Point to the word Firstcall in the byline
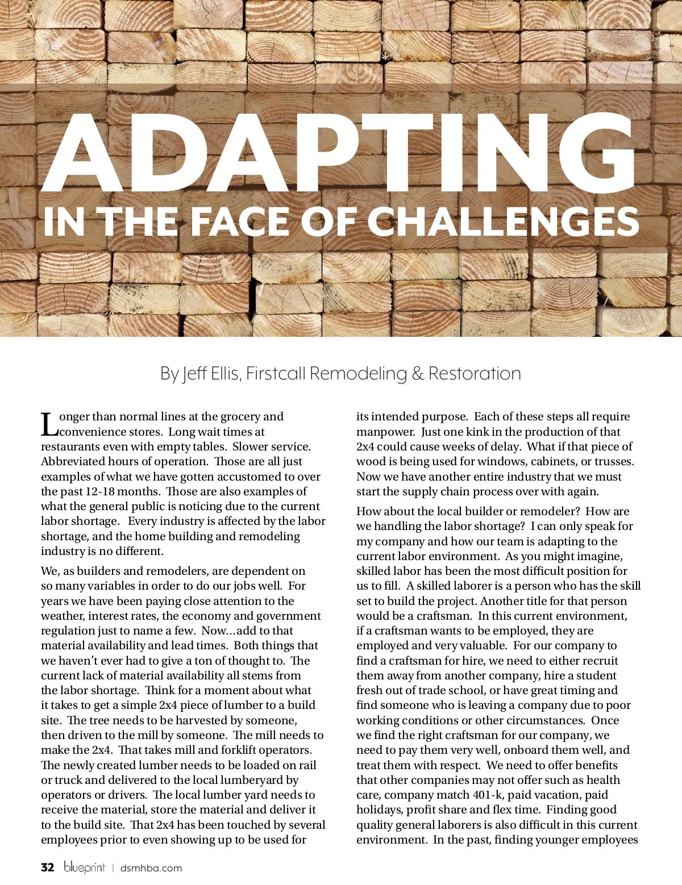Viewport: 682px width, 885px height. (x=276, y=374)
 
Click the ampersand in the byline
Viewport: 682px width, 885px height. (x=418, y=374)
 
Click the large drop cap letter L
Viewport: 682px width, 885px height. (x=49, y=425)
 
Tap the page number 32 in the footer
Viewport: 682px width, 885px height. (x=48, y=867)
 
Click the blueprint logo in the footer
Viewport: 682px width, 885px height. (x=84, y=867)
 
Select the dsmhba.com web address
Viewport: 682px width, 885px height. (x=151, y=868)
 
